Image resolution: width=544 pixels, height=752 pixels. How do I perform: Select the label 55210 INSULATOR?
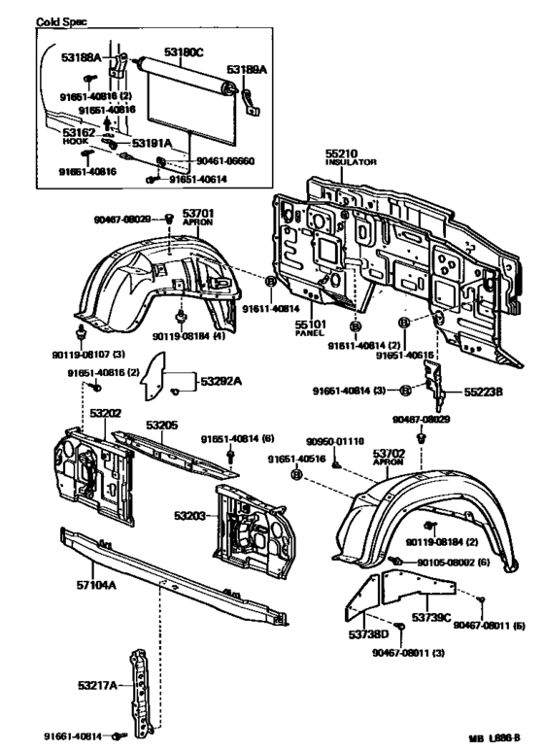[x=345, y=157]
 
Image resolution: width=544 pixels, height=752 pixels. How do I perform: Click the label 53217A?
[x=98, y=686]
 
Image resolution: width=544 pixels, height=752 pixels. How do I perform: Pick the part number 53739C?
[x=431, y=617]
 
